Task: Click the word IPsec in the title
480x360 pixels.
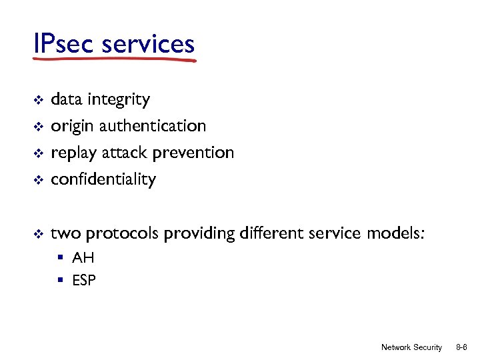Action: [x=65, y=44]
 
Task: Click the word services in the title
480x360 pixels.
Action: [x=148, y=44]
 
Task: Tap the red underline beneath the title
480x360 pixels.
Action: [x=114, y=60]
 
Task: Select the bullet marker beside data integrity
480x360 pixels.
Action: [x=38, y=100]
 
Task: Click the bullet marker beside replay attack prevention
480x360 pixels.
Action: [x=38, y=153]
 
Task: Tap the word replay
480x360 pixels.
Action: [x=74, y=153]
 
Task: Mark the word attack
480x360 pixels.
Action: [x=125, y=153]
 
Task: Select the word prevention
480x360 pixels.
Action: [x=193, y=153]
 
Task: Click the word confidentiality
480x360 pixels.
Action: [x=103, y=179]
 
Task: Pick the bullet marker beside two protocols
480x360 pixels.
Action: [x=38, y=234]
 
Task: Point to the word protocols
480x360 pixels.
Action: [x=123, y=234]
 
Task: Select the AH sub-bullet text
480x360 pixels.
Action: [x=83, y=258]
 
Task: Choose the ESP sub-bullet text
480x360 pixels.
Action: [x=84, y=281]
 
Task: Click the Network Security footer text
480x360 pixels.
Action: [x=411, y=347]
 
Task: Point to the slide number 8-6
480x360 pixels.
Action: [x=461, y=347]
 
